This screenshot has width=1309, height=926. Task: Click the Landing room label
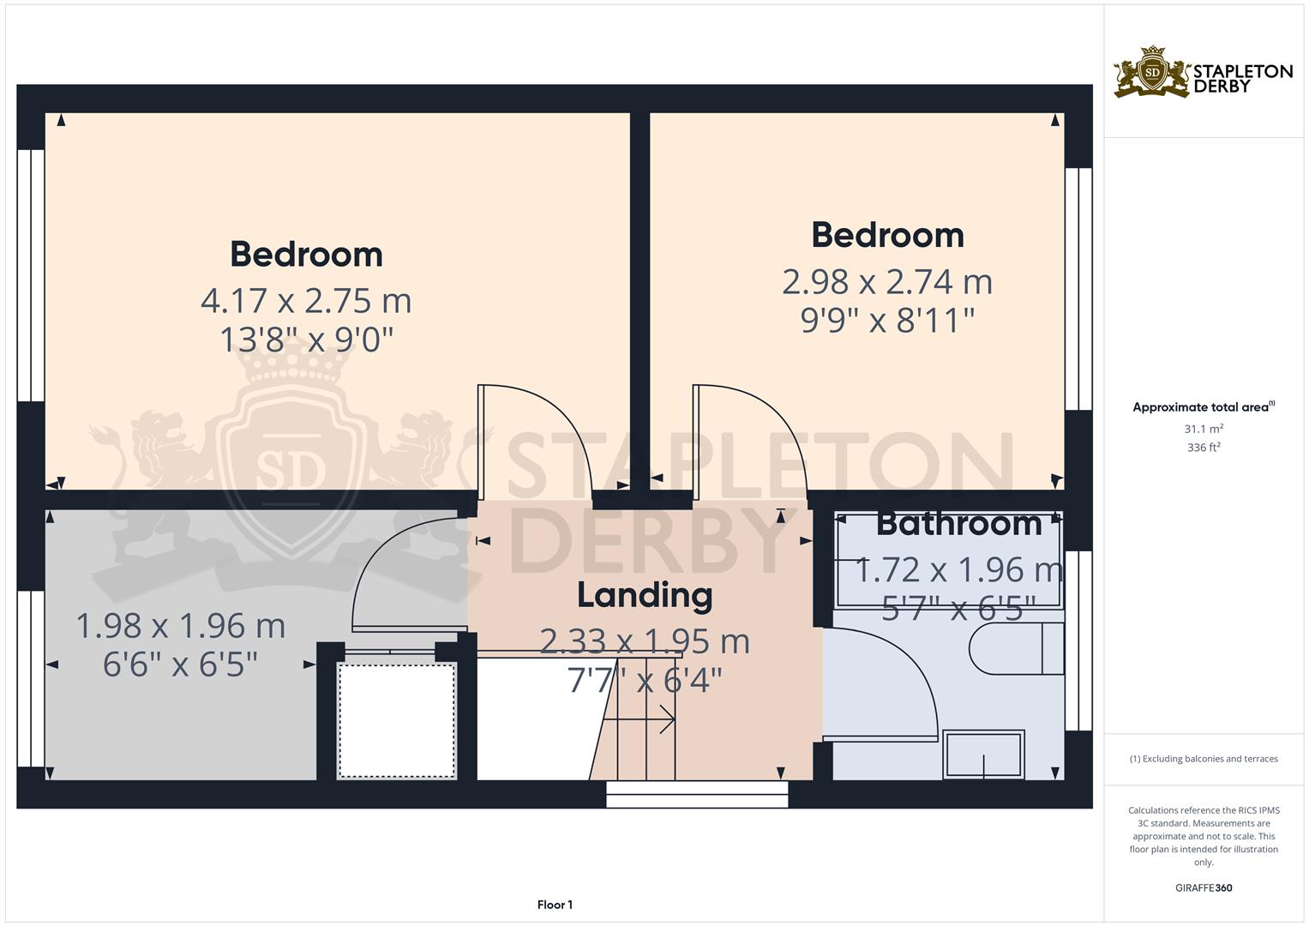645,596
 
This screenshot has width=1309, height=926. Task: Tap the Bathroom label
959,524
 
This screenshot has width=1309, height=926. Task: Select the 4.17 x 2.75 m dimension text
306,301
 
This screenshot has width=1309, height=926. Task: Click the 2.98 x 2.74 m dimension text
887,282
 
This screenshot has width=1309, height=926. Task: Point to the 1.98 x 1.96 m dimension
181,626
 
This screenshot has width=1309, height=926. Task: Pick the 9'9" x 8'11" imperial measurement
887,321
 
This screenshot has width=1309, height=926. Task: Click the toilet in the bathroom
1017,649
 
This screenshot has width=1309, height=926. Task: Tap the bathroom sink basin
983,755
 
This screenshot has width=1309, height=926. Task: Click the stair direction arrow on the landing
639,719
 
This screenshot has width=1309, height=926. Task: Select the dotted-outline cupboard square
398,720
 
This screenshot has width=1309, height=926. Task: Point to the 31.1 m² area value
1204,429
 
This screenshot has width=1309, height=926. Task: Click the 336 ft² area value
1204,448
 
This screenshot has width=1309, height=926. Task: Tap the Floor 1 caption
555,905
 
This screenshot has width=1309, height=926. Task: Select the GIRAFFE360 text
1204,887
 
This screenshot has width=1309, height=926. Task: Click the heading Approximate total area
1204,407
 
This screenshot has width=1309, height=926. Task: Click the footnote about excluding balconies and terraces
1204,759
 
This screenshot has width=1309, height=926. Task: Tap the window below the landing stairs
697,794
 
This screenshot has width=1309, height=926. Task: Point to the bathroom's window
1078,640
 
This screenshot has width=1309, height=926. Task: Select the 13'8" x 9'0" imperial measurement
306,340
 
